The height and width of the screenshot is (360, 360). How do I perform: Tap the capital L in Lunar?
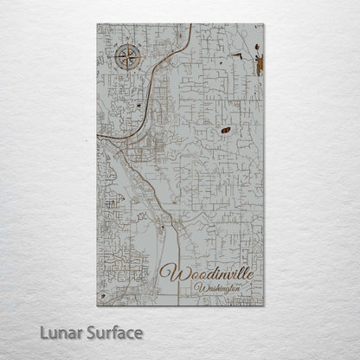[x=33, y=332]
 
